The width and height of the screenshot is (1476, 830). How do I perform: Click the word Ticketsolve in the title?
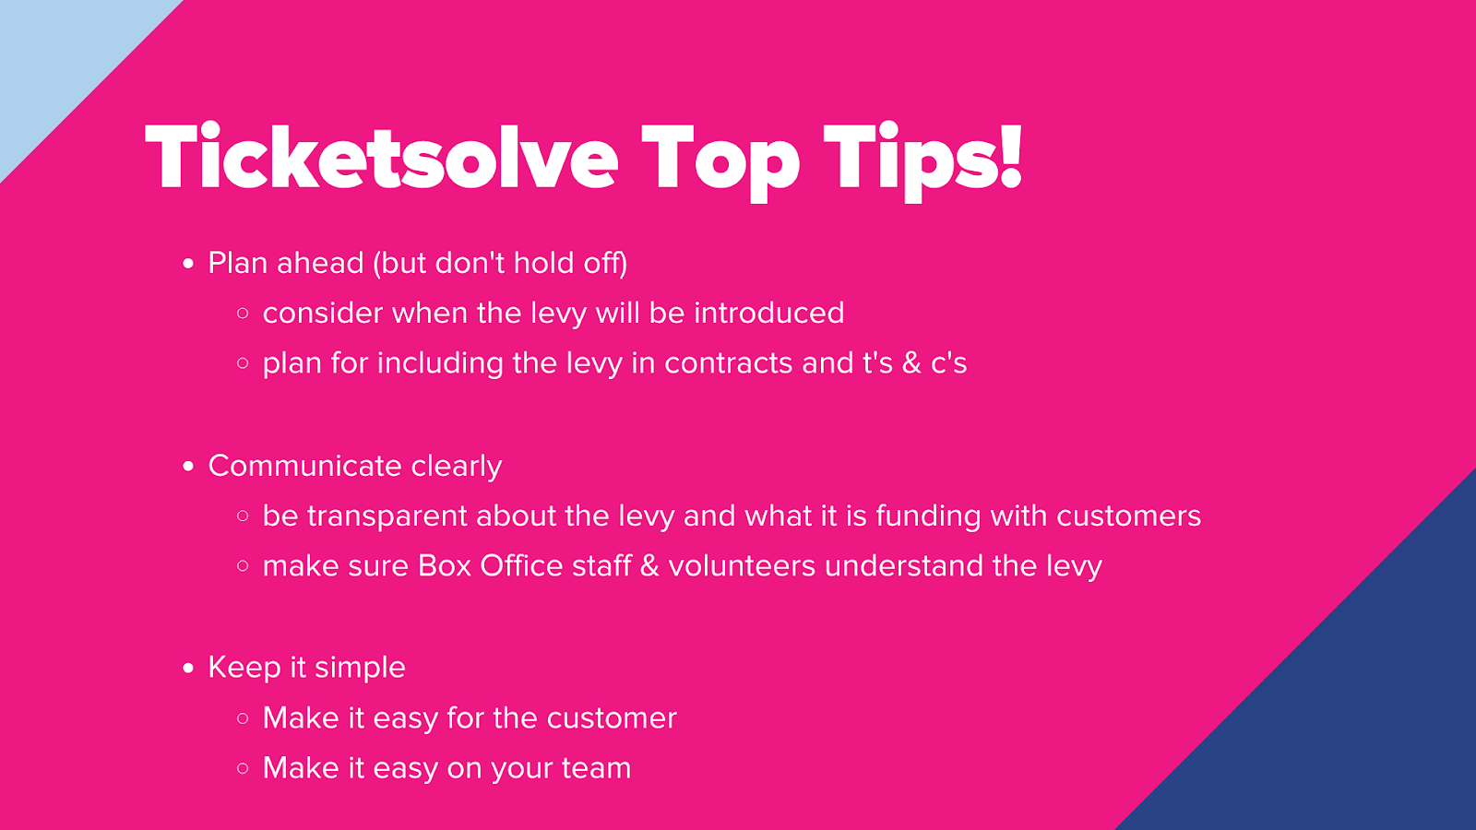(x=382, y=158)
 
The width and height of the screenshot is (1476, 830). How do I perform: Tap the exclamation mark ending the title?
(x=1009, y=158)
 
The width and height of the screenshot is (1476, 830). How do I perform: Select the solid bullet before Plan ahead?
(x=188, y=264)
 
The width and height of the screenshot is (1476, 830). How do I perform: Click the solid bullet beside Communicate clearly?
(x=188, y=467)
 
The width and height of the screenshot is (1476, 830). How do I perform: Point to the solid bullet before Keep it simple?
(x=188, y=669)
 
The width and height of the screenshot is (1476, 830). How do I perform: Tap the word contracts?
(x=728, y=363)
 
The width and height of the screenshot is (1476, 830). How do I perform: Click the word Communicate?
(x=305, y=466)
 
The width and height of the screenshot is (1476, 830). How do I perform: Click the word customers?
(x=1129, y=516)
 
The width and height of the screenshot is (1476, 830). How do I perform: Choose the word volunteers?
(x=742, y=566)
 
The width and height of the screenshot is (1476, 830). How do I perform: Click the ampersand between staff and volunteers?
(x=649, y=566)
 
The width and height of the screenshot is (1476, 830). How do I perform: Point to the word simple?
(x=360, y=669)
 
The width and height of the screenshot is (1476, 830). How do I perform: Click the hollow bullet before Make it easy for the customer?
(x=243, y=718)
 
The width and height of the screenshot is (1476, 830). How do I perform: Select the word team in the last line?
(x=596, y=769)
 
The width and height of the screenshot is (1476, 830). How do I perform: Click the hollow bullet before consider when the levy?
(x=243, y=314)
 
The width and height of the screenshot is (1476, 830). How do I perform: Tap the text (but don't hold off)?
(x=500, y=264)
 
